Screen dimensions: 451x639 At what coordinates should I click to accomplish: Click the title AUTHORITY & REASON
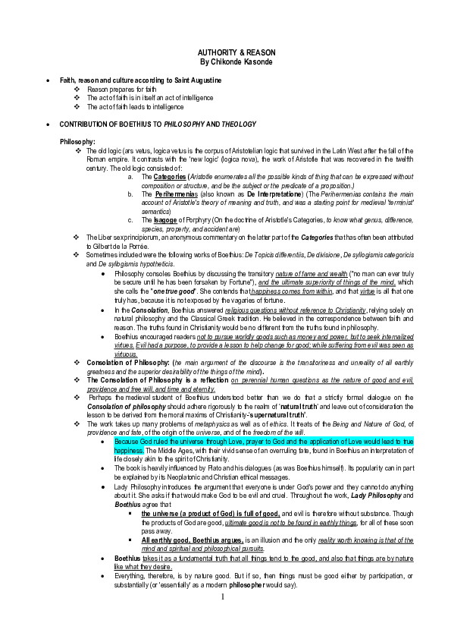pyautogui.click(x=225, y=52)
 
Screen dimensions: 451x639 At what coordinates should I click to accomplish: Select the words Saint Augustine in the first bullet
pyautogui.click(x=196, y=80)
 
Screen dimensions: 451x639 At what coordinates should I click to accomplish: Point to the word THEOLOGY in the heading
pyautogui.click(x=238, y=124)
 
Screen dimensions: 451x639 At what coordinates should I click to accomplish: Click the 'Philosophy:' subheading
pyautogui.click(x=77, y=142)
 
